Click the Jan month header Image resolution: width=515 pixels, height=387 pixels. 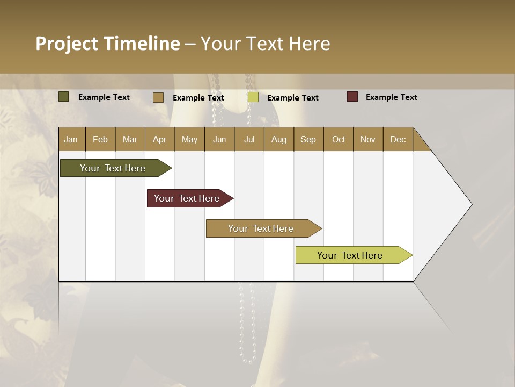[x=71, y=139]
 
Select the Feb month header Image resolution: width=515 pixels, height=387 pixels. [x=100, y=139]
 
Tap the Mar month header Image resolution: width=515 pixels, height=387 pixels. [x=130, y=139]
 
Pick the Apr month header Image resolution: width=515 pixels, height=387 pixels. [x=159, y=139]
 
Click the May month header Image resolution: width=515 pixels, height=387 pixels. [x=189, y=139]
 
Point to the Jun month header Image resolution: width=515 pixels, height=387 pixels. [x=219, y=139]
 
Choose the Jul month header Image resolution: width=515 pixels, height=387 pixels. [x=249, y=139]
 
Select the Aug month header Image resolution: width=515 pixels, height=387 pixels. [x=278, y=139]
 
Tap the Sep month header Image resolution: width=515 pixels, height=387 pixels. [x=308, y=139]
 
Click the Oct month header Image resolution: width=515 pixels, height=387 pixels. [x=339, y=139]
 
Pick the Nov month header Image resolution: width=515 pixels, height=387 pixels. [x=367, y=139]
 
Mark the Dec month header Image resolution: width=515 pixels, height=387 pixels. [x=398, y=139]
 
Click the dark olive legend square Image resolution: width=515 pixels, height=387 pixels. [x=64, y=97]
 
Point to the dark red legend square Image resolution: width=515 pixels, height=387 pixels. [x=352, y=97]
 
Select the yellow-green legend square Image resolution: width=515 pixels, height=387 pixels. [x=253, y=97]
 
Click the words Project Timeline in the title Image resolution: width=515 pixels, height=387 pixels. [x=107, y=44]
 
